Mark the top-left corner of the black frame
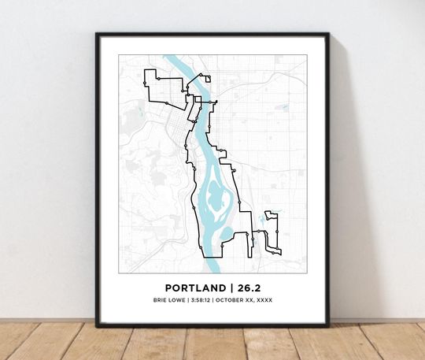point(97,34)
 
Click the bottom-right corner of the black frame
point(328,325)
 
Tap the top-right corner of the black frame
point(328,34)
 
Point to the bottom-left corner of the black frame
point(97,325)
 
